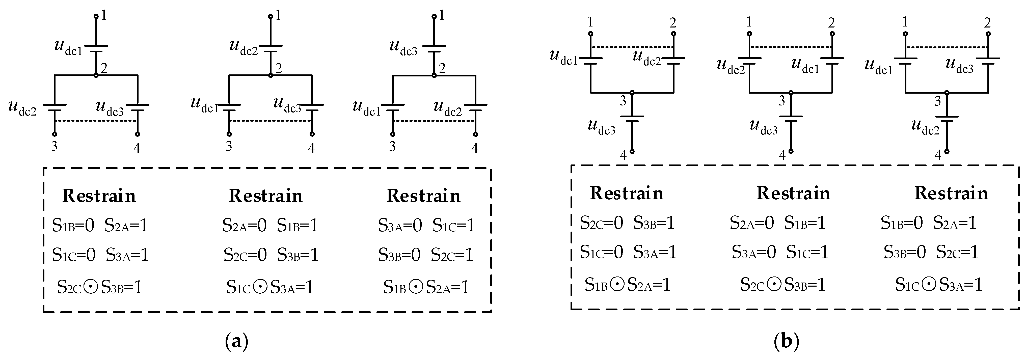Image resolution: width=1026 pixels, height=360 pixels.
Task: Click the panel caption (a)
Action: click(237, 342)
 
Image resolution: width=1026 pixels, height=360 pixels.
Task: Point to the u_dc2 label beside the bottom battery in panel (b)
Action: click(925, 127)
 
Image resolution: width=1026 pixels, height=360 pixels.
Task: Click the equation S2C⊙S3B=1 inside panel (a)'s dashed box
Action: click(100, 287)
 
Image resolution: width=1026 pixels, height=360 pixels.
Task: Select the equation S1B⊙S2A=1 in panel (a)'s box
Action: click(426, 287)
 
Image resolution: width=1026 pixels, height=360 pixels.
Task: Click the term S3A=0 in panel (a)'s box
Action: click(399, 225)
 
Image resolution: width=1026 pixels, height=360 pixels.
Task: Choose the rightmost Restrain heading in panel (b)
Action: click(951, 193)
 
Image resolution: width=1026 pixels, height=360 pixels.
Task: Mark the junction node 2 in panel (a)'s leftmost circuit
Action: click(96, 75)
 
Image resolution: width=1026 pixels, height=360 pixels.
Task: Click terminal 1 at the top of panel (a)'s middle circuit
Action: click(271, 17)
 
